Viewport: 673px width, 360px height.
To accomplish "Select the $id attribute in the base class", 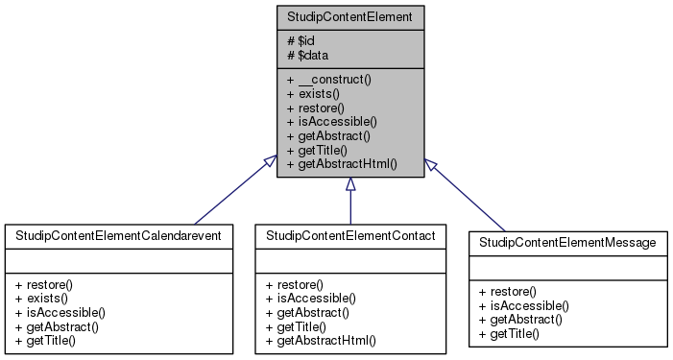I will [300, 41].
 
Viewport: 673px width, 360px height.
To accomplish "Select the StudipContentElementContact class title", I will [349, 235].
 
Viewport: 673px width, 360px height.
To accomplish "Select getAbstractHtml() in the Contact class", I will [320, 340].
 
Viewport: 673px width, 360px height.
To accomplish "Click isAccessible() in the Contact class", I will [311, 299].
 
